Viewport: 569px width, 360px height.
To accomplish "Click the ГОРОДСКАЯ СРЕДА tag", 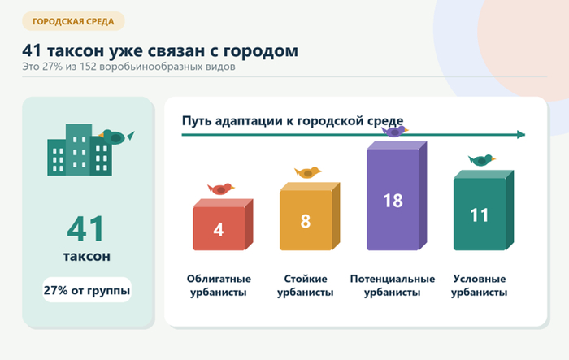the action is (73, 21).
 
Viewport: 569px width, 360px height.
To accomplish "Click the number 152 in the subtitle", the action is (88, 67).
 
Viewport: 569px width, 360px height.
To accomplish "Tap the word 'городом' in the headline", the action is (261, 51).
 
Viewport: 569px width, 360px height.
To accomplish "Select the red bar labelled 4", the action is (223, 224).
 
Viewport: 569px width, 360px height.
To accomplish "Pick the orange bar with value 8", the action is (310, 216).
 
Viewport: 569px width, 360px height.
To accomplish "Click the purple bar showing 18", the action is (397, 196).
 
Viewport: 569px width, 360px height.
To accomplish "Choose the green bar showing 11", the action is (484, 210).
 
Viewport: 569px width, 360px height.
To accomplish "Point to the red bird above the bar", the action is (221, 189).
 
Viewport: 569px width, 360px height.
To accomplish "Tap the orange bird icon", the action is (308, 172).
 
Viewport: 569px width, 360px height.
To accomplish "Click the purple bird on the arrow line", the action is (395, 131).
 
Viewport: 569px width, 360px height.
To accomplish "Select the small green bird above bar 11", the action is (481, 159).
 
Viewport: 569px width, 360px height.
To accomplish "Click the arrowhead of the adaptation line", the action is (521, 135).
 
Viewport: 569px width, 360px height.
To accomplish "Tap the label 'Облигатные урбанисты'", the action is (219, 285).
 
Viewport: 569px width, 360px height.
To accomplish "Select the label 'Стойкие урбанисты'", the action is (305, 285).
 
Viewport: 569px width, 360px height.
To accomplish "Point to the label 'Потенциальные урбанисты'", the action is (393, 285).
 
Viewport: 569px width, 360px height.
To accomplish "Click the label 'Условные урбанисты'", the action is (479, 285).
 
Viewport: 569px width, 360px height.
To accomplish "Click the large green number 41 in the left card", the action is (85, 229).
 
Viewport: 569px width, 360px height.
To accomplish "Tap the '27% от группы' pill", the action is (87, 290).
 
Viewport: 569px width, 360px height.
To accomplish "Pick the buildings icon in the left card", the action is (80, 150).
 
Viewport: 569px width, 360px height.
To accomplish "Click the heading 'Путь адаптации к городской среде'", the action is (293, 121).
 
